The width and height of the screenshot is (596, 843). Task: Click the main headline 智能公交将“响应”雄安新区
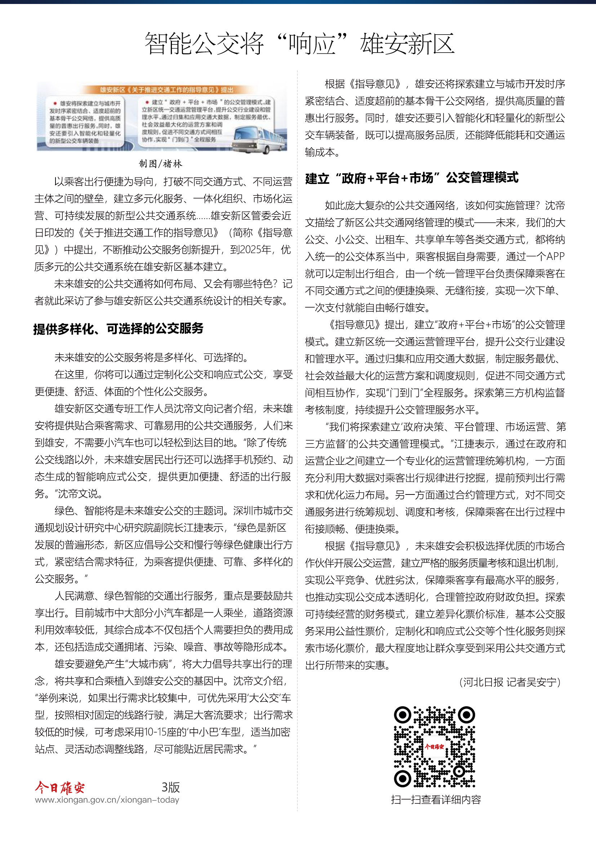point(299,44)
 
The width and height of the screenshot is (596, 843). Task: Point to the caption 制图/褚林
point(160,164)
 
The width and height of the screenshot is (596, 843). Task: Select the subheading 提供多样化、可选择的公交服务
point(119,328)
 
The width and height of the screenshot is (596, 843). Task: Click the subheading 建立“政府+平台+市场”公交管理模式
point(412,178)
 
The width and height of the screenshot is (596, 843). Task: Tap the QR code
point(435,747)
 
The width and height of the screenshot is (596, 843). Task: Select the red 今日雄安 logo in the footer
point(60,787)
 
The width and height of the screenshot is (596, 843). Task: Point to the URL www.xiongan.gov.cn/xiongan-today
point(107,800)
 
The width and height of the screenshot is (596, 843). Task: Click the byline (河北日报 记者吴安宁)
point(510,682)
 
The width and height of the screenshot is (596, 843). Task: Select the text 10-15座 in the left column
point(166,732)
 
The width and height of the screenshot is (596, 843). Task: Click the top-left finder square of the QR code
point(402,714)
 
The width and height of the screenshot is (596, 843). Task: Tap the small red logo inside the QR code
point(434,746)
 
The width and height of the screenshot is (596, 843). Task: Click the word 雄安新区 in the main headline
point(408,44)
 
